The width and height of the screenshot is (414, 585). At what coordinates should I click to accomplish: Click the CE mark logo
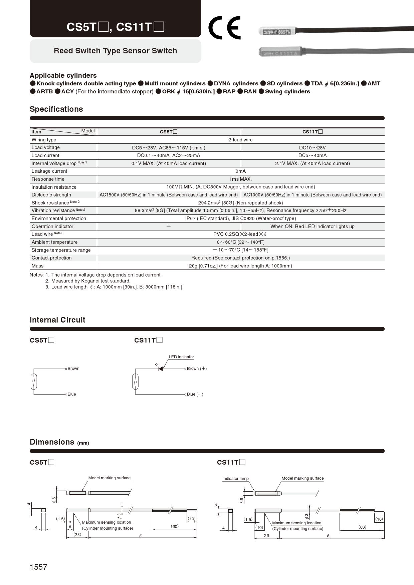(x=224, y=28)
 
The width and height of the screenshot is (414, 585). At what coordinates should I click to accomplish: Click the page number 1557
(x=38, y=567)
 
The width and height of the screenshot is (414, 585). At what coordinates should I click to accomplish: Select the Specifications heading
(x=56, y=109)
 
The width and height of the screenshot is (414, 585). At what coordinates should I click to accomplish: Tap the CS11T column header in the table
(x=313, y=132)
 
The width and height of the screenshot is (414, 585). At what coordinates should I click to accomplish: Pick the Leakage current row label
(x=49, y=171)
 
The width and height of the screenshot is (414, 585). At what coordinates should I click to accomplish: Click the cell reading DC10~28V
(x=313, y=148)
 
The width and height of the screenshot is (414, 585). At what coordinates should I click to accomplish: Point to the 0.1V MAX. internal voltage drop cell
(x=169, y=163)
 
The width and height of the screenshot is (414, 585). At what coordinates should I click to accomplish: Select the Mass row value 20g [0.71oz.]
(x=240, y=266)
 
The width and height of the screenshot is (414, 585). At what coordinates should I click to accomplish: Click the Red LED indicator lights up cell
(x=313, y=226)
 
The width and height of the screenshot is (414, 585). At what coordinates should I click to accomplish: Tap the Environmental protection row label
(x=59, y=218)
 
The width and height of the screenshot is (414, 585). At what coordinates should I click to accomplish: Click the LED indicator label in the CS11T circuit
(x=181, y=357)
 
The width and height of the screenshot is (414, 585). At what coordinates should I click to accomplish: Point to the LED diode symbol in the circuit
(x=161, y=369)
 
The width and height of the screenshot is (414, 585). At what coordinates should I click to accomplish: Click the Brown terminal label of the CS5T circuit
(x=73, y=369)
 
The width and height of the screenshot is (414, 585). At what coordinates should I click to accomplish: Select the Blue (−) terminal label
(x=195, y=394)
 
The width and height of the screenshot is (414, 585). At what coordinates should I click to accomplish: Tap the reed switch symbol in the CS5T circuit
(x=34, y=382)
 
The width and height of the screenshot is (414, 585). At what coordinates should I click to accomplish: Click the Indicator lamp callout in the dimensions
(x=235, y=479)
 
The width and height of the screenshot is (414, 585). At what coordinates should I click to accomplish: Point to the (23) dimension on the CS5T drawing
(x=77, y=534)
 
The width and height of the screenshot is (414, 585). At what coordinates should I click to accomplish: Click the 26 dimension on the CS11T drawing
(x=266, y=536)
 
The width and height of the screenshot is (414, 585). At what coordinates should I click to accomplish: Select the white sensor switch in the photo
(x=276, y=32)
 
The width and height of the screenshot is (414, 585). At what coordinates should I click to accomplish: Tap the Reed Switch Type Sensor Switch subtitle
(x=116, y=51)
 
